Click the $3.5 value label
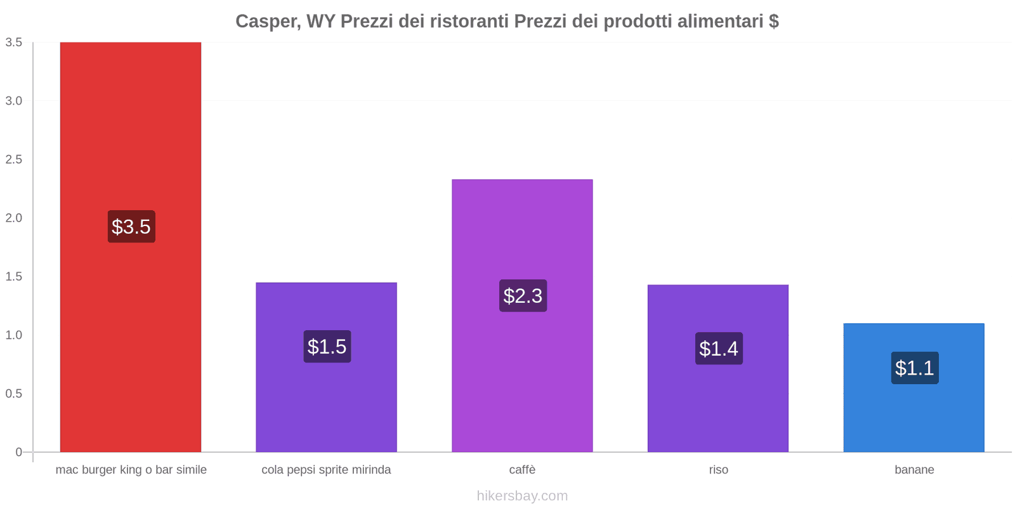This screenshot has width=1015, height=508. tap(131, 227)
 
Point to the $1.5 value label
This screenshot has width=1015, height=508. tap(327, 347)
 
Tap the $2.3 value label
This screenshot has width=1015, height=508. tap(523, 296)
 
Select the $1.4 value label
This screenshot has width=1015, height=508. tap(719, 349)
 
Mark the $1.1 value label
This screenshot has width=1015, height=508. tap(914, 368)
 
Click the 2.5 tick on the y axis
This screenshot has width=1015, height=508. tap(14, 159)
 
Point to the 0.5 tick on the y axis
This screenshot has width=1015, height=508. tap(14, 394)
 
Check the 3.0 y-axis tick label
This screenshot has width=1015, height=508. tap(14, 101)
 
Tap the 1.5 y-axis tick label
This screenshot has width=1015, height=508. tap(14, 277)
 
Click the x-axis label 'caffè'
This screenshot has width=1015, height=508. tap(522, 470)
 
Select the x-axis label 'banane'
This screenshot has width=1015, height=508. tap(914, 470)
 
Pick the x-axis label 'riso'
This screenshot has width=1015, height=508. tap(718, 470)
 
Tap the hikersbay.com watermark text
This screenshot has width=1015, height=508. tap(522, 496)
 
